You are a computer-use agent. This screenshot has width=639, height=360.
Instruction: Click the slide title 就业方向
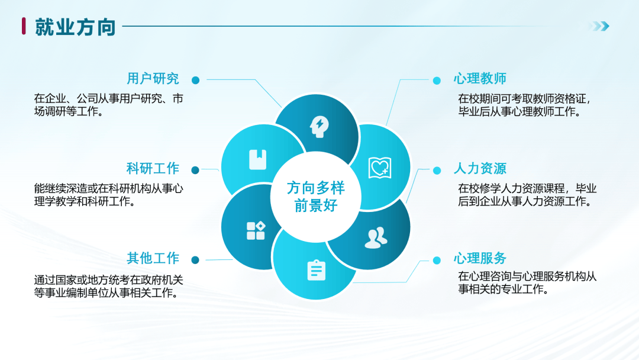pyautogui.click(x=75, y=27)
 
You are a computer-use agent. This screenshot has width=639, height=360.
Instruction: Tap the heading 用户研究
pyautogui.click(x=153, y=78)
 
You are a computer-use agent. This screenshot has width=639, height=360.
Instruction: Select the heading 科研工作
pyautogui.click(x=153, y=168)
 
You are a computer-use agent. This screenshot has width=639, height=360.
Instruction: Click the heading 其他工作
pyautogui.click(x=153, y=258)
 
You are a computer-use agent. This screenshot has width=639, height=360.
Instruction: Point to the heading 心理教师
pyautogui.click(x=480, y=78)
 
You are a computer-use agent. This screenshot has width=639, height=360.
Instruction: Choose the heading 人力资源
pyautogui.click(x=480, y=168)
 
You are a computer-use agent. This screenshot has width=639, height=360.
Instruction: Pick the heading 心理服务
pyautogui.click(x=480, y=258)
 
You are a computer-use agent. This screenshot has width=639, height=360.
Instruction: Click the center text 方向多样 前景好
pyautogui.click(x=316, y=197)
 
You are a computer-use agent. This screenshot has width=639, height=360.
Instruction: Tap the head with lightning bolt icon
pyautogui.click(x=319, y=127)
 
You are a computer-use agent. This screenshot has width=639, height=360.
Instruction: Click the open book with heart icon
pyautogui.click(x=380, y=168)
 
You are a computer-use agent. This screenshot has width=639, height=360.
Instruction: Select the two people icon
pyautogui.click(x=376, y=237)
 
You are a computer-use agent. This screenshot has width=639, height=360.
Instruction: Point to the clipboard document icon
pyautogui.click(x=316, y=270)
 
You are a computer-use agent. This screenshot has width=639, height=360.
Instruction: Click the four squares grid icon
pyautogui.click(x=256, y=230)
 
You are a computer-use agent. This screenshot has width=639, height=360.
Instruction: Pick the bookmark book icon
pyautogui.click(x=257, y=159)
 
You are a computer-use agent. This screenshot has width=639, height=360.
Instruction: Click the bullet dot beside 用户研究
pyautogui.click(x=196, y=81)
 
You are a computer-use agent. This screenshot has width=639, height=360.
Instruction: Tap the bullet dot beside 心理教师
pyautogui.click(x=437, y=81)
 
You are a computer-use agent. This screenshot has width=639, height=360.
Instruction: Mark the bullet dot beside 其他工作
pyautogui.click(x=195, y=260)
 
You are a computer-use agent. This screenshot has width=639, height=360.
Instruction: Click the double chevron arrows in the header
pyautogui.click(x=599, y=27)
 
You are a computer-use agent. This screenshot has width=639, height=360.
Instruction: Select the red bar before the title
pyautogui.click(x=24, y=26)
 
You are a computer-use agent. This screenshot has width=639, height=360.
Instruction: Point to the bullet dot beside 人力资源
pyautogui.click(x=437, y=171)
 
